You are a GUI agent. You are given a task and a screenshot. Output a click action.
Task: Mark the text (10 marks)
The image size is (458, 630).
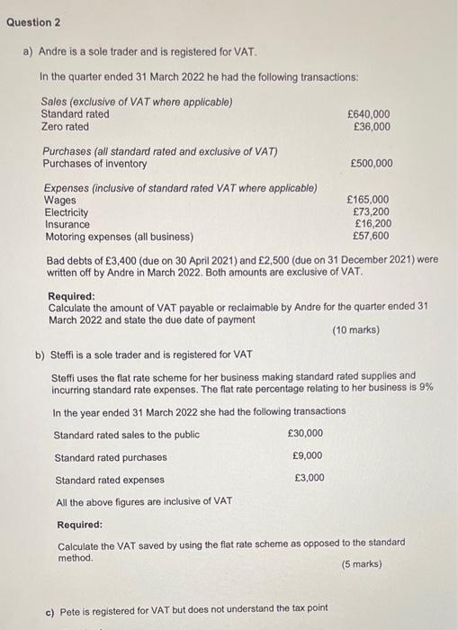tap(356, 330)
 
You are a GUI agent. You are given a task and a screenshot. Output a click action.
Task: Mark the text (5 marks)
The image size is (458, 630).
tap(362, 564)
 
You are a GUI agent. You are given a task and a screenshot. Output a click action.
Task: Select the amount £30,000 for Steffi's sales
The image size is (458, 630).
tap(306, 434)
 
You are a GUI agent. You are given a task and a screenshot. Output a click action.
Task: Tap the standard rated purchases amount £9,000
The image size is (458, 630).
tap(309, 456)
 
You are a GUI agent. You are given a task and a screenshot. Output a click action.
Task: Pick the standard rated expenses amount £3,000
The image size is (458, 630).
tap(309, 478)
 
